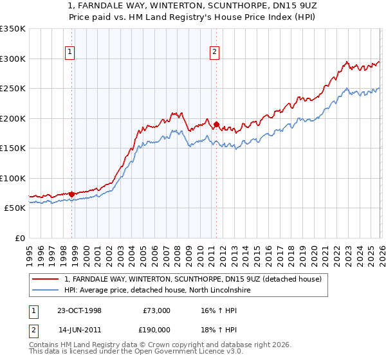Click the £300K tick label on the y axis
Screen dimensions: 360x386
click(12, 59)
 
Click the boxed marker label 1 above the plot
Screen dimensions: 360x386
click(69, 53)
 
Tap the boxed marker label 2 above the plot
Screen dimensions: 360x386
click(214, 53)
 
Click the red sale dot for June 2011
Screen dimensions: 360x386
click(216, 125)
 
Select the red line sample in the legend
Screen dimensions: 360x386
click(46, 279)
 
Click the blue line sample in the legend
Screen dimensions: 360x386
click(46, 291)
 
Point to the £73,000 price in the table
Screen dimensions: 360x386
click(157, 310)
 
